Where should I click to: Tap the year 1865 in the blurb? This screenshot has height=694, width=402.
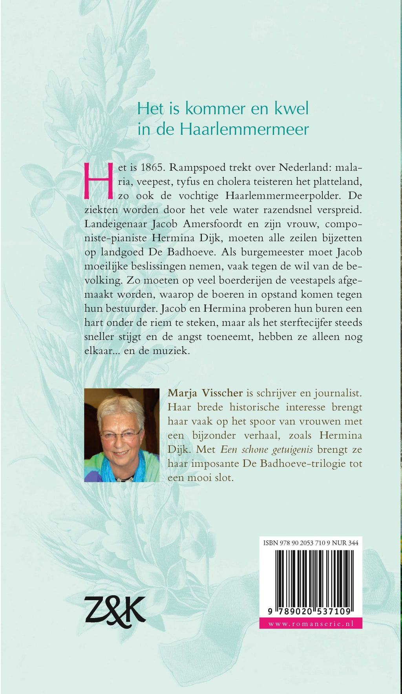147,168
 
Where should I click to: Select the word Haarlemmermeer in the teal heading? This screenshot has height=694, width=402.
244,129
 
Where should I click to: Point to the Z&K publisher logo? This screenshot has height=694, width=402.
115,612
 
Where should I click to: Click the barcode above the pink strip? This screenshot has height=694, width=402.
311,579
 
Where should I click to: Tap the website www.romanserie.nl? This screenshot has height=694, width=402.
311,623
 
